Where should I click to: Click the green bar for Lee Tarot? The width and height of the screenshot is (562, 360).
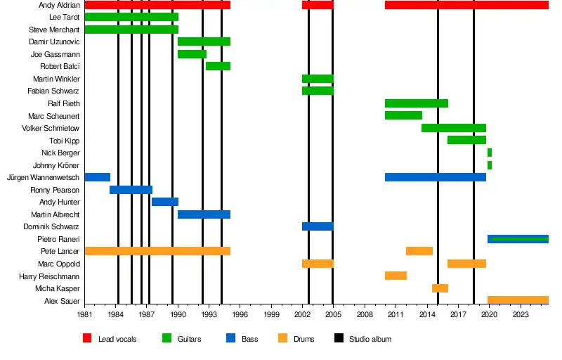[131, 17]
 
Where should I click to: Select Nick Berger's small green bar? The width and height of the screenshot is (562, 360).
[490, 153]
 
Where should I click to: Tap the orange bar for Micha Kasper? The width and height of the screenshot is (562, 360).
[440, 288]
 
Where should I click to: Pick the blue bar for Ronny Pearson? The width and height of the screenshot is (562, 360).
[131, 190]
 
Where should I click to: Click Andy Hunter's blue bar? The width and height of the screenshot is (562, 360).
[165, 202]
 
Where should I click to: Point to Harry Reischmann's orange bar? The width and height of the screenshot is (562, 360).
[396, 276]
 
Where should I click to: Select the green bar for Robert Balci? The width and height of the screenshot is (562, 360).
[218, 66]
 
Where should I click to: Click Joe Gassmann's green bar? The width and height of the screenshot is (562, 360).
[192, 54]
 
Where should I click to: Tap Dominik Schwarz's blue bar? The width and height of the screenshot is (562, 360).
[318, 226]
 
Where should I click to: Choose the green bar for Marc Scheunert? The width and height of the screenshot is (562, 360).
[403, 115]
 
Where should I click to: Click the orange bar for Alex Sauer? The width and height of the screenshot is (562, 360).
[518, 300]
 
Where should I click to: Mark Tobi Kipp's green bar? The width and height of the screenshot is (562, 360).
[466, 140]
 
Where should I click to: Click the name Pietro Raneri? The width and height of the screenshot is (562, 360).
[58, 240]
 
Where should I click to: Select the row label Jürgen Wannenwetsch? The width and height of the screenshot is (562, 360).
[43, 178]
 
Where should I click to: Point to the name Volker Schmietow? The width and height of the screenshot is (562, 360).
[51, 129]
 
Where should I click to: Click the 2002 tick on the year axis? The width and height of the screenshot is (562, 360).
[303, 316]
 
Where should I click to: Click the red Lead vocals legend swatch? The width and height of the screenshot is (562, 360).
[88, 339]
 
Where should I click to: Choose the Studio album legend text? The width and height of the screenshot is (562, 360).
[370, 340]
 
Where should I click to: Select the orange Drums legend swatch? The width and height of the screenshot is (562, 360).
[283, 339]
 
